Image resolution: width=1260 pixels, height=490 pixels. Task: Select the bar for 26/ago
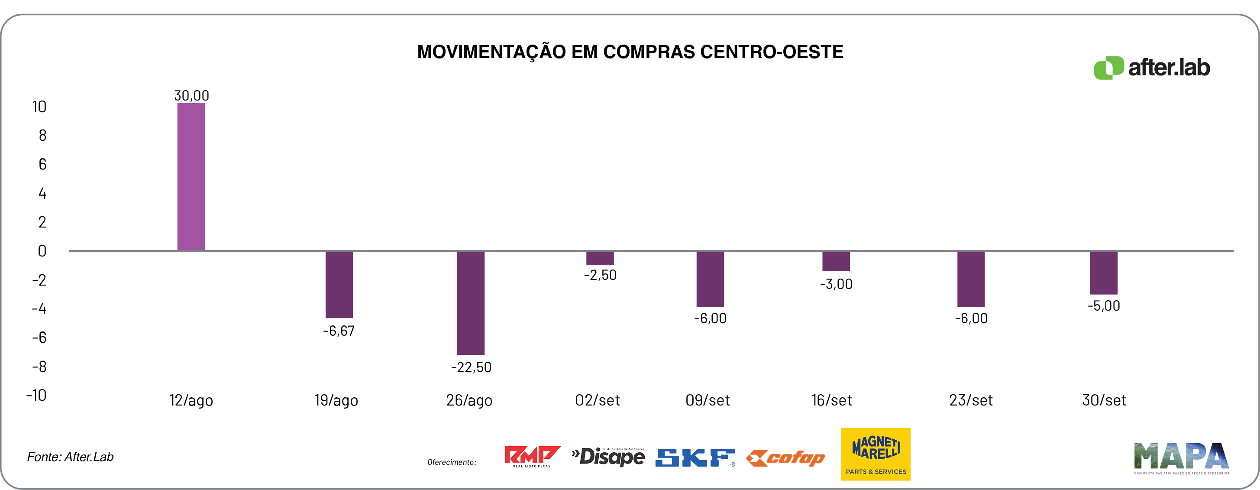point(471,302)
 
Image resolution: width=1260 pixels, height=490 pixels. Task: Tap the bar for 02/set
point(600,258)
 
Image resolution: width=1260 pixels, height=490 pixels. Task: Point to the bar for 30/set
point(1104,273)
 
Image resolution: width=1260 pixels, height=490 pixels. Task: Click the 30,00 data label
point(191,95)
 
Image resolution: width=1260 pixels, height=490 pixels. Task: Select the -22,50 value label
point(471,367)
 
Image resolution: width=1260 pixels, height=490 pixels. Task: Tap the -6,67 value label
point(339,331)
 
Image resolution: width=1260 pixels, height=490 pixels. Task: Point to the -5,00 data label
point(1104,306)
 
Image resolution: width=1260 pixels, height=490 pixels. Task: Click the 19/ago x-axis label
point(336,400)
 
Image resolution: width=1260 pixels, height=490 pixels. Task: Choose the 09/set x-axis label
point(707,400)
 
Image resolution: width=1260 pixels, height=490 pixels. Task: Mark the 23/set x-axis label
point(971,400)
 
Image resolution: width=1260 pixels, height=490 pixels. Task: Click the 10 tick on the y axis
point(39,107)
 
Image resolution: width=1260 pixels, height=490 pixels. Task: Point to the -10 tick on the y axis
point(36,395)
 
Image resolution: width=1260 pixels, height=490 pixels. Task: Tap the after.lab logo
point(1152,68)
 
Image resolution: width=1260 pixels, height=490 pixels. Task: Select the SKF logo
point(695,458)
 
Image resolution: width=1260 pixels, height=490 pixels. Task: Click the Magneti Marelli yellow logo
point(876,454)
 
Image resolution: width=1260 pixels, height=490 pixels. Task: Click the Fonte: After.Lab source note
point(71,457)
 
